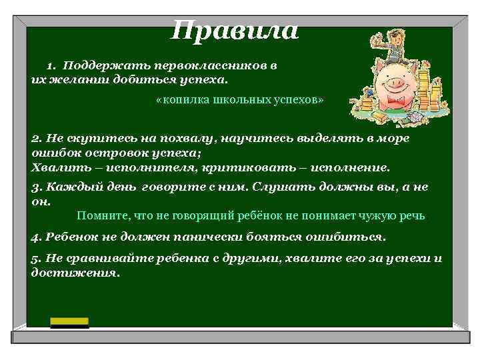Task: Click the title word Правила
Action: [x=235, y=31]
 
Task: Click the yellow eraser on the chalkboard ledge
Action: [x=70, y=322]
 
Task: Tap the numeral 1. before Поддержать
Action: [x=52, y=66]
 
